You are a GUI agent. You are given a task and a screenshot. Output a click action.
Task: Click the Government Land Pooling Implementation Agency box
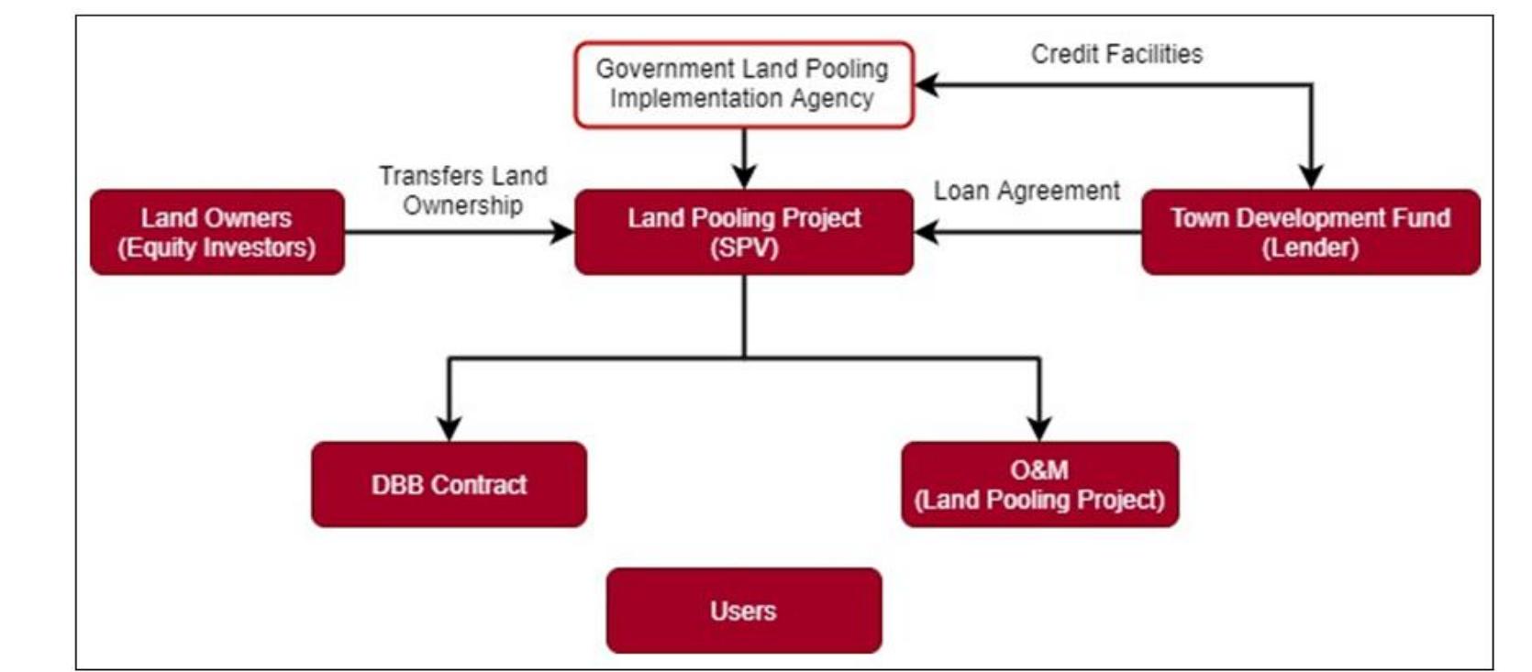[743, 83]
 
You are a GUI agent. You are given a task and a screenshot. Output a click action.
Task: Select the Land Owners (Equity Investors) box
[216, 232]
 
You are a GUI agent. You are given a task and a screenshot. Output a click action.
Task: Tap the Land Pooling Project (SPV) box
[743, 232]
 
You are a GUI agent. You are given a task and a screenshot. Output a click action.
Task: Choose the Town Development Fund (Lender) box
[1310, 232]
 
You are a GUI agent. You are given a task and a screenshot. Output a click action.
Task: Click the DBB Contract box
[449, 484]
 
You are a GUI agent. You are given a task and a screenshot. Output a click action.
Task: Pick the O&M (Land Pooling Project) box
[1039, 484]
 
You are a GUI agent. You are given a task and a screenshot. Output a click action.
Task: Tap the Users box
[743, 611]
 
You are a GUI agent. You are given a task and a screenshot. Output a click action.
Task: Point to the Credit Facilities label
[1116, 54]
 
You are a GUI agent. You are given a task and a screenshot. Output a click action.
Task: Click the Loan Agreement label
[1027, 191]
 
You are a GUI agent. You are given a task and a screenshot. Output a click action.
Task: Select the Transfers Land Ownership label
[462, 190]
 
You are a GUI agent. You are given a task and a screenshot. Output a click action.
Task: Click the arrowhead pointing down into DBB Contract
[449, 429]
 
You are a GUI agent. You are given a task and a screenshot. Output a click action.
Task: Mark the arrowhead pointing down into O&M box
[1039, 429]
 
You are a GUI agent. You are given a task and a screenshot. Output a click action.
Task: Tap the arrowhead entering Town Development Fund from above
[1311, 177]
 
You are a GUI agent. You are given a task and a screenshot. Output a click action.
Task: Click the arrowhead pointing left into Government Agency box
[927, 84]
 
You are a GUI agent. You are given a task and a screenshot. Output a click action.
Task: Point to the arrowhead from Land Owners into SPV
[561, 232]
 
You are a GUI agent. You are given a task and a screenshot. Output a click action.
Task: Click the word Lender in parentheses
[1310, 248]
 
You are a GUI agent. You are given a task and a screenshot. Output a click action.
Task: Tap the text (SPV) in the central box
[743, 248]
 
